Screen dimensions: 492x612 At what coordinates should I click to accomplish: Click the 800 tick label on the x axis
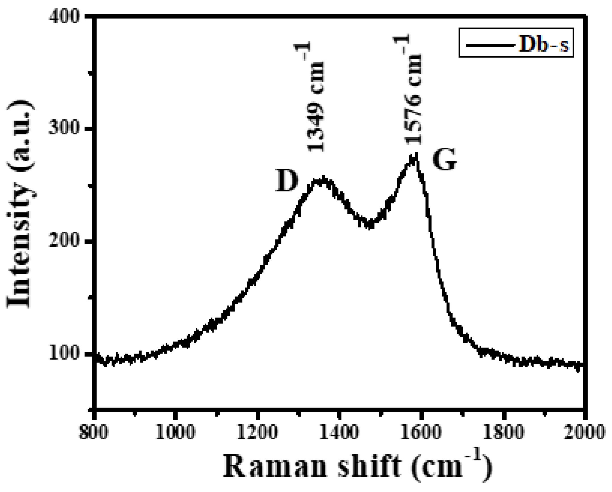[x=94, y=433]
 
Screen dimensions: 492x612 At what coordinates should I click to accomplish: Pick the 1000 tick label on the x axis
[x=176, y=433]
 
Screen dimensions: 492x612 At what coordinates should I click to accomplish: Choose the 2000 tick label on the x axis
[x=585, y=433]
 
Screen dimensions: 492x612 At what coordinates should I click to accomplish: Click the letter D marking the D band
[x=287, y=181]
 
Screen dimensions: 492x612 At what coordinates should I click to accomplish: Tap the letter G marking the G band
[x=444, y=160]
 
